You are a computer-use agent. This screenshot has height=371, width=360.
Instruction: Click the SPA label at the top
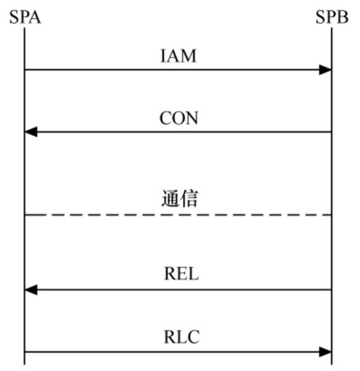point(25,17)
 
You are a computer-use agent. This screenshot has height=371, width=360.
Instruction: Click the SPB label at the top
point(332,17)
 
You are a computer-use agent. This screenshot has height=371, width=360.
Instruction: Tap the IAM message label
point(178,56)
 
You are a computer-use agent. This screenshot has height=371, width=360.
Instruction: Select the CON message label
point(179,118)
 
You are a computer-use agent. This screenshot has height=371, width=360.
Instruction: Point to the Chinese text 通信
point(179,198)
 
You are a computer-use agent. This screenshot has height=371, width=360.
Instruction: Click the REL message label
point(181,274)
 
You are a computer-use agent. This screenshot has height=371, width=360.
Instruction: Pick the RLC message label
point(182,337)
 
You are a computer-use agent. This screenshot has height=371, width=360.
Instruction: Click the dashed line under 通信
point(178,215)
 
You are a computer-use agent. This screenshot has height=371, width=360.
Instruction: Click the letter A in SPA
point(35,17)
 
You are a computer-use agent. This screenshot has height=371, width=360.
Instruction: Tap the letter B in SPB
point(343,17)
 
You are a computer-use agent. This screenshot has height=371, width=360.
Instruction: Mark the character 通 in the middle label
point(170,198)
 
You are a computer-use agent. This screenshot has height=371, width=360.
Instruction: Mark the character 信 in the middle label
point(189,198)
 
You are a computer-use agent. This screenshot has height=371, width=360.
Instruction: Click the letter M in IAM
point(188,56)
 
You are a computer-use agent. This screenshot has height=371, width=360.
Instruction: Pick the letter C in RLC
point(194,337)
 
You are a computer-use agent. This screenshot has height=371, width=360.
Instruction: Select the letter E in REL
point(182,274)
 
